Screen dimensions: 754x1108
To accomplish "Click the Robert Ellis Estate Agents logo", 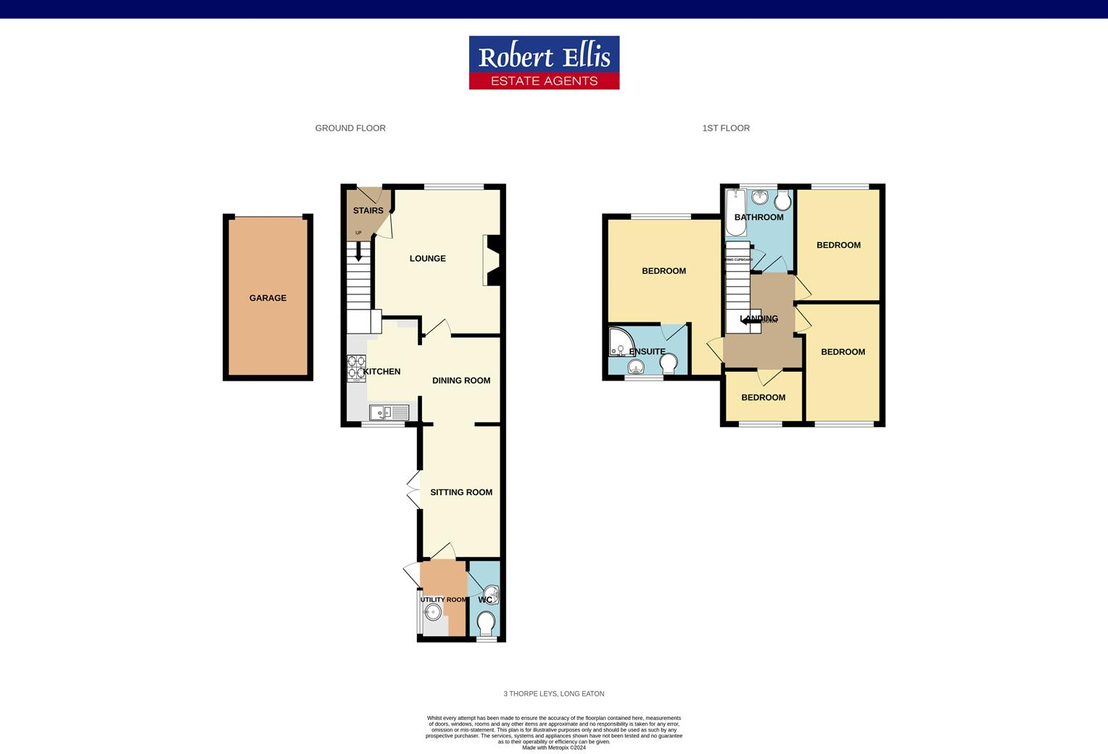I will pos(544,62).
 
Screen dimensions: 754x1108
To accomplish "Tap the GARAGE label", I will pos(268,298).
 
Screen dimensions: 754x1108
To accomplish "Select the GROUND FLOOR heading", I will pos(350,128).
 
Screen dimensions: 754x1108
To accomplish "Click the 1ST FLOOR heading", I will pos(726,128).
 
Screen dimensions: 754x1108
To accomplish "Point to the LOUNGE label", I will pos(427,259).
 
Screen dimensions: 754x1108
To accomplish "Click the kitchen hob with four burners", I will pos(356,368).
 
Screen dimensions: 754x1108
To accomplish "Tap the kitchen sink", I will pos(389,413).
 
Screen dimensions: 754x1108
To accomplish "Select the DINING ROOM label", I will pos(461,381).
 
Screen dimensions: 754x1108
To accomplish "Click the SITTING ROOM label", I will pos(461,492).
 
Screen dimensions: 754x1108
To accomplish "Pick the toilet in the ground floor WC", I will pos(486,623).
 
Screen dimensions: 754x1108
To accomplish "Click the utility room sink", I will pos(432,613).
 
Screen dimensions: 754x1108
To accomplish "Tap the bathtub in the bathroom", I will pos(735,213).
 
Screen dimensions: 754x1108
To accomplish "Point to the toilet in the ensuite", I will pos(669,362).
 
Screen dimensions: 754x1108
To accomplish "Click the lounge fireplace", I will pos(492,260).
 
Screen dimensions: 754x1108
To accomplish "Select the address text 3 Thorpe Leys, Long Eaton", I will pos(553,694).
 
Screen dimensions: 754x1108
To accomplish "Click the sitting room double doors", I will pos(414,489).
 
